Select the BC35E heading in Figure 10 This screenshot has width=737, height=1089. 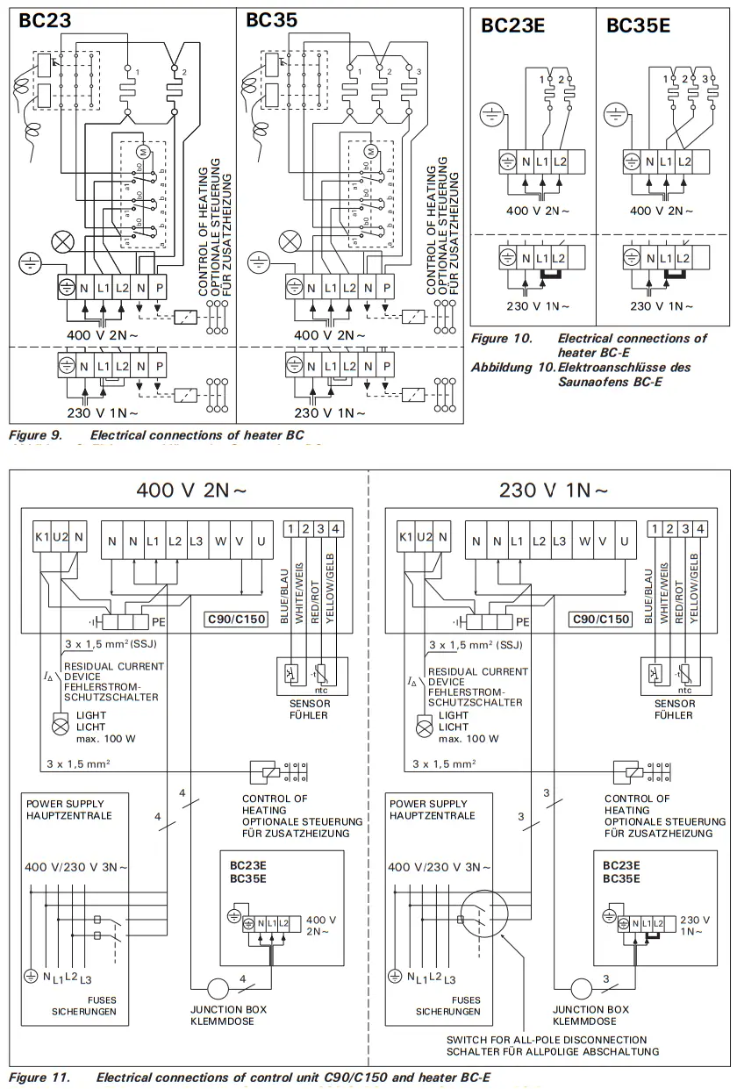(x=638, y=25)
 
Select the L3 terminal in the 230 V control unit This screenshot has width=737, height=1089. (x=559, y=541)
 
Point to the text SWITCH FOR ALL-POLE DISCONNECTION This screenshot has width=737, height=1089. (x=553, y=1039)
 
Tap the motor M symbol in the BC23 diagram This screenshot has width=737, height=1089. (x=147, y=154)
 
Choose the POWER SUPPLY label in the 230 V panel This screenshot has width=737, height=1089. (x=426, y=803)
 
